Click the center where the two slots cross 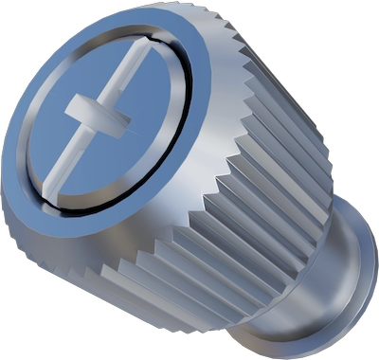point(97,116)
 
